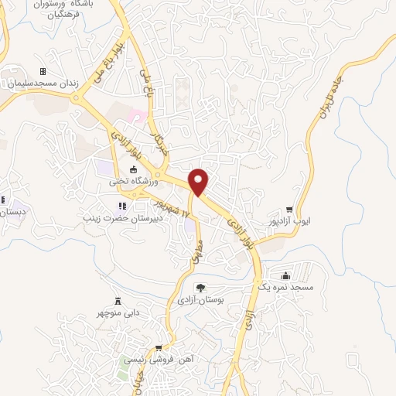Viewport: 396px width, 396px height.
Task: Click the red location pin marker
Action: [200, 181]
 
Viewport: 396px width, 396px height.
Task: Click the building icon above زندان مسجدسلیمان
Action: [43, 72]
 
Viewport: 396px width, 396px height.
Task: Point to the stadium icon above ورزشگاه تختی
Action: [132, 170]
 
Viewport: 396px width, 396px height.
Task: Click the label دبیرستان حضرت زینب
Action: [121, 218]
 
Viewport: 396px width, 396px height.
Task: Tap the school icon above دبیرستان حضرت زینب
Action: [121, 206]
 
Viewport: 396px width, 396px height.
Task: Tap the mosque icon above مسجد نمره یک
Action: [286, 276]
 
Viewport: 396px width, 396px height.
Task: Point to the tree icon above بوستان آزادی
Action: [200, 287]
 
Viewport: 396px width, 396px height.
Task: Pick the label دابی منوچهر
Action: [118, 313]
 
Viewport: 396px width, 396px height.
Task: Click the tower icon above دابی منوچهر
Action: [118, 301]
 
